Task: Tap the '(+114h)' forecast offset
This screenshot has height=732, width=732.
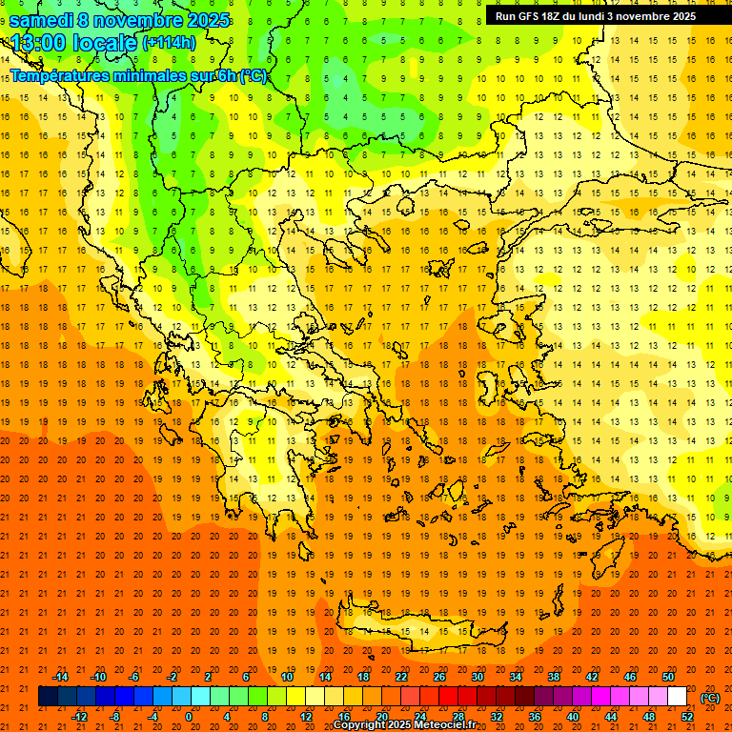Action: coord(169,43)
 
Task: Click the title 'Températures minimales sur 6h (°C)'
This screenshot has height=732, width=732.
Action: coord(138,75)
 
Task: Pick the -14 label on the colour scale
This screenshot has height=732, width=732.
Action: coord(60,677)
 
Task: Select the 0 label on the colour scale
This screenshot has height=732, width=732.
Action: coord(189,717)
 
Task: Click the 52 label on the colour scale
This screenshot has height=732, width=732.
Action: coord(687,717)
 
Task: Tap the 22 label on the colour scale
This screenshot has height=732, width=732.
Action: coord(401,677)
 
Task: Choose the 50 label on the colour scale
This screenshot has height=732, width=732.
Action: coord(668,677)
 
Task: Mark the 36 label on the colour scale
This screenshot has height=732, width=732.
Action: coord(535,717)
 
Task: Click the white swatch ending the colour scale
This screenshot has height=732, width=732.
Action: coord(678,697)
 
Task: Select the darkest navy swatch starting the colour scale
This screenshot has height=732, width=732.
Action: coord(48,697)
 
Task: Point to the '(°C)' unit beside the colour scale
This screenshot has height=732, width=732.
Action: coord(710,698)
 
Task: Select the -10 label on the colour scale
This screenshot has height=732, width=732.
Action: coord(98,677)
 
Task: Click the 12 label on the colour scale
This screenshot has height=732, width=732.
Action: coord(306,717)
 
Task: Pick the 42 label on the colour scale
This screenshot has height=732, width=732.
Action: coord(592,677)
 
